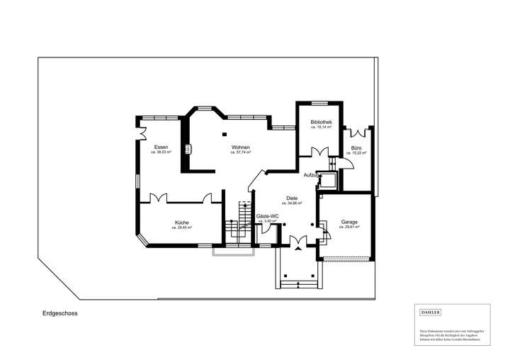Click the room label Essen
(x=161, y=147)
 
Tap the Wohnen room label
(x=240, y=147)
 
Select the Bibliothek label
(x=321, y=123)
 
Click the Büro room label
(x=356, y=147)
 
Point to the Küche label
(x=182, y=223)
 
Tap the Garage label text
(x=348, y=222)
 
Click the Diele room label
(x=291, y=198)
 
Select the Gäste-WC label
(x=267, y=216)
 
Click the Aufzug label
(x=311, y=174)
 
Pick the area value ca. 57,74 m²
(x=240, y=152)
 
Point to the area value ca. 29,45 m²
(x=182, y=229)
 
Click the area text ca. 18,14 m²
(x=321, y=128)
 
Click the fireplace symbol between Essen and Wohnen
(x=188, y=149)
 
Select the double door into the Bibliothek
(x=319, y=151)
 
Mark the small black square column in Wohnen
(x=224, y=134)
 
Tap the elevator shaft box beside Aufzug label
(x=329, y=181)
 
